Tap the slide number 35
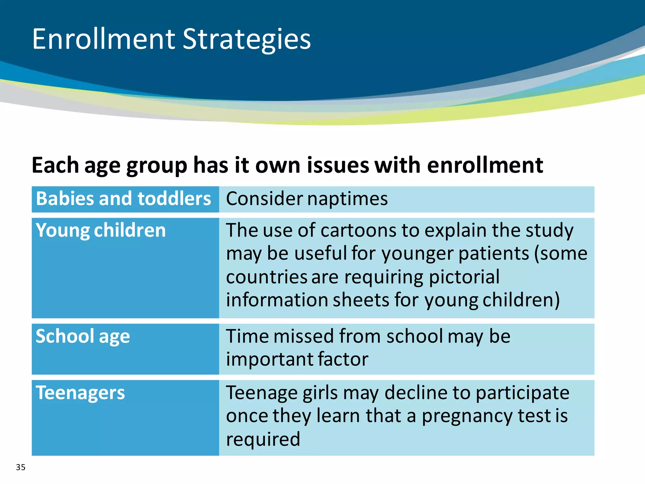(x=20, y=467)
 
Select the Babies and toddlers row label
(x=123, y=199)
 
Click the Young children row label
(x=100, y=230)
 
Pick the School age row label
(x=83, y=336)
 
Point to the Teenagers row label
(x=80, y=393)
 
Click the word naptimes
(x=347, y=199)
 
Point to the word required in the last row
(x=263, y=439)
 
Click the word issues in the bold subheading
(x=338, y=165)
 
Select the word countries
(x=267, y=277)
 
